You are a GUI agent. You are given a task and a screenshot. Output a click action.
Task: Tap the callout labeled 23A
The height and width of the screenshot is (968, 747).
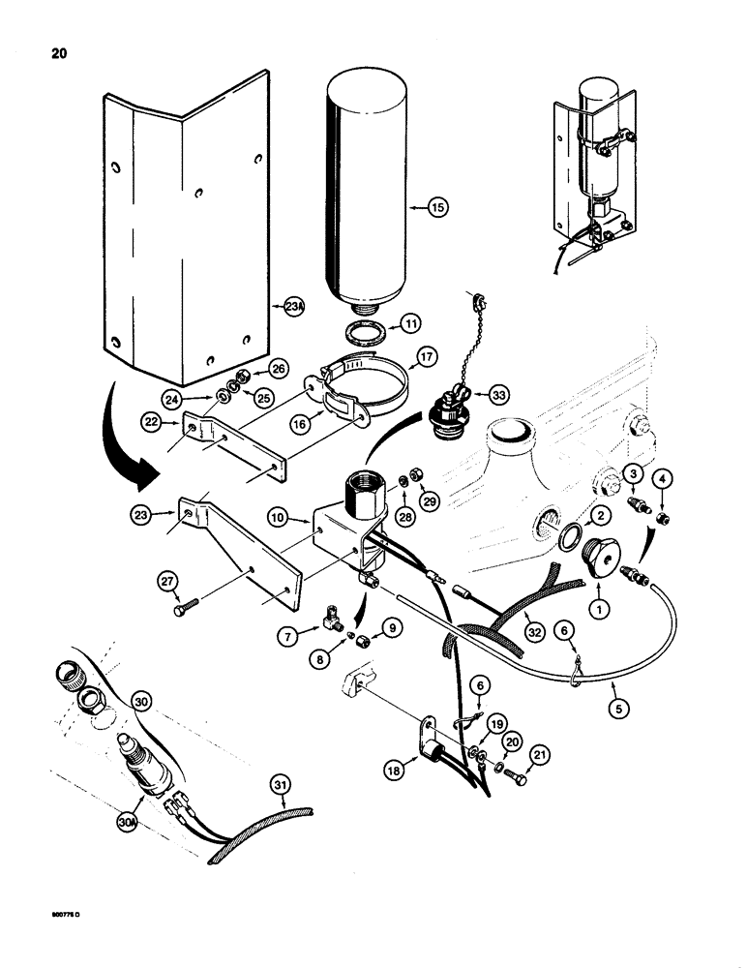[296, 307]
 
